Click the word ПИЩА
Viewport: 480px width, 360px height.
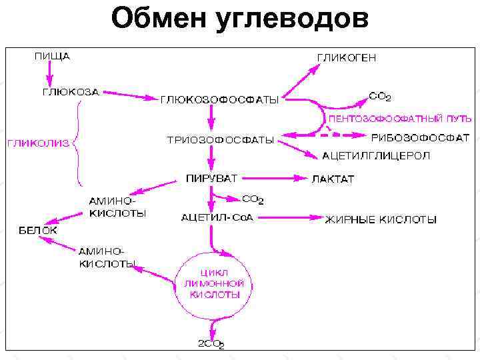coord(52,57)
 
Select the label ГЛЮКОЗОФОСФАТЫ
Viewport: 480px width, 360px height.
coord(219,101)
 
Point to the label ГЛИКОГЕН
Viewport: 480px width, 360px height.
coord(346,57)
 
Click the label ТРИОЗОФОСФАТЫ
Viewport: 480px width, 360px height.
coord(220,140)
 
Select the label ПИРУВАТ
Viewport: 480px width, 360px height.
coord(211,178)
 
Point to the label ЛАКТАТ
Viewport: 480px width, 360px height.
coord(333,179)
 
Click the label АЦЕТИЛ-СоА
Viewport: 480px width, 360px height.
coord(217,217)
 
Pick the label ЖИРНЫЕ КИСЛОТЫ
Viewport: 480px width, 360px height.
coord(381,219)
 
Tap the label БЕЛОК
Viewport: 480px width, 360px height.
coord(37,230)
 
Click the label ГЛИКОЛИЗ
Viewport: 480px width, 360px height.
coord(38,142)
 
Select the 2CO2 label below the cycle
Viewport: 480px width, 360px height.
coord(211,344)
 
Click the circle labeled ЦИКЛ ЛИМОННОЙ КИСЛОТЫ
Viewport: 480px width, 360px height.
coord(213,283)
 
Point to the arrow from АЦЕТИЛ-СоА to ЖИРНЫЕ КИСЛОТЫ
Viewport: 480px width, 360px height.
coord(287,217)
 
